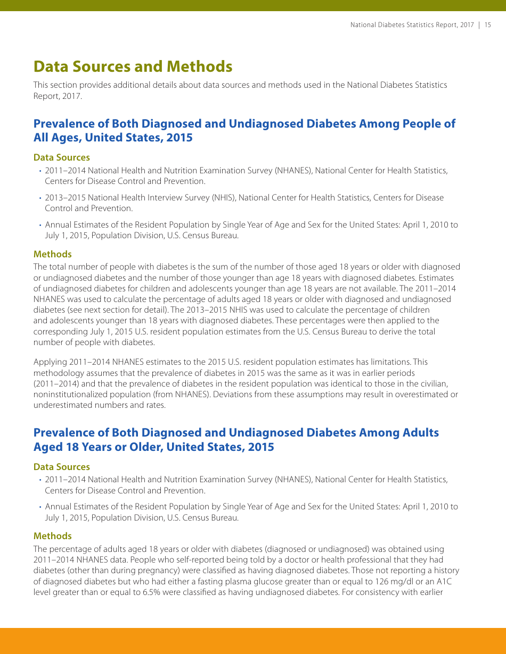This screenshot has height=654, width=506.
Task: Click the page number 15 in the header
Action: click(x=487, y=25)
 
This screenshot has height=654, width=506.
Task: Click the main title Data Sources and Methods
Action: click(x=133, y=66)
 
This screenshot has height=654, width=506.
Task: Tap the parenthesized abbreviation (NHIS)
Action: click(x=224, y=198)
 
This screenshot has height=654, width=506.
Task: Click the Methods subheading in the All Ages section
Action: click(x=52, y=254)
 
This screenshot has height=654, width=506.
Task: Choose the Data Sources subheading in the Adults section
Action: click(x=61, y=467)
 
